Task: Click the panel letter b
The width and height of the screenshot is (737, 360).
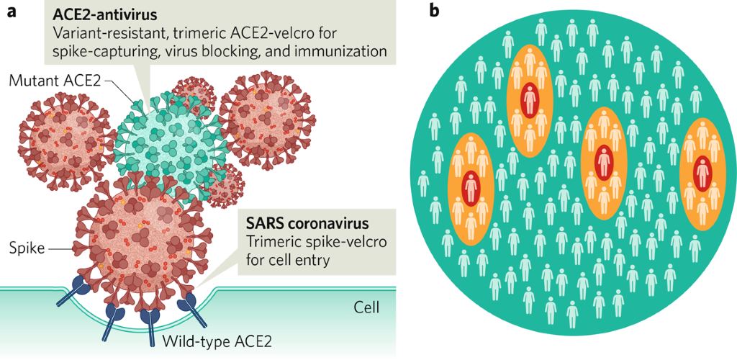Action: [434, 12]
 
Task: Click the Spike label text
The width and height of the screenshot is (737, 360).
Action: [28, 248]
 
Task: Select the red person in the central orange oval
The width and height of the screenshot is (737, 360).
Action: [603, 159]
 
